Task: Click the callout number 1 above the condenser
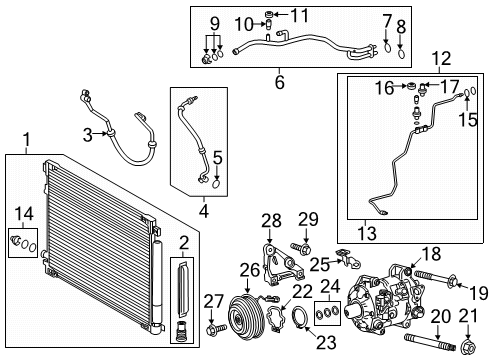(27, 139)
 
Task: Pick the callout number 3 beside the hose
(88, 134)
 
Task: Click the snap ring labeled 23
(297, 321)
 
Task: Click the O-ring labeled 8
(399, 45)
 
